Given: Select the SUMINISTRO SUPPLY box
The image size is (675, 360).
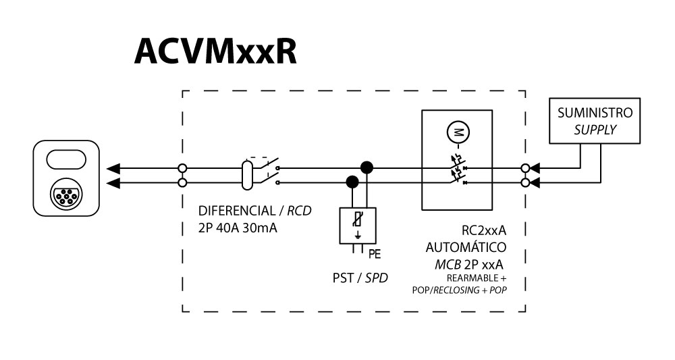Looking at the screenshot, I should (595, 121).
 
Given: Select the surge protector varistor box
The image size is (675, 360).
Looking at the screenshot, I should (357, 224).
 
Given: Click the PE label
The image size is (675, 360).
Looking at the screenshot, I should (375, 255).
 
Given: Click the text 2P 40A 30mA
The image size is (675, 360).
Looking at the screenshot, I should (238, 228).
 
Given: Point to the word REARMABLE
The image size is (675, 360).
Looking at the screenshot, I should (471, 278).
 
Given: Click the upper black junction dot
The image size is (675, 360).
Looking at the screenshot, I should (367, 167).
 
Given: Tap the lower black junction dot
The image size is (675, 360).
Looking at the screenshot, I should (352, 182).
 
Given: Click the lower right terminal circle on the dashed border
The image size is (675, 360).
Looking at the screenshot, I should (525, 182).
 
